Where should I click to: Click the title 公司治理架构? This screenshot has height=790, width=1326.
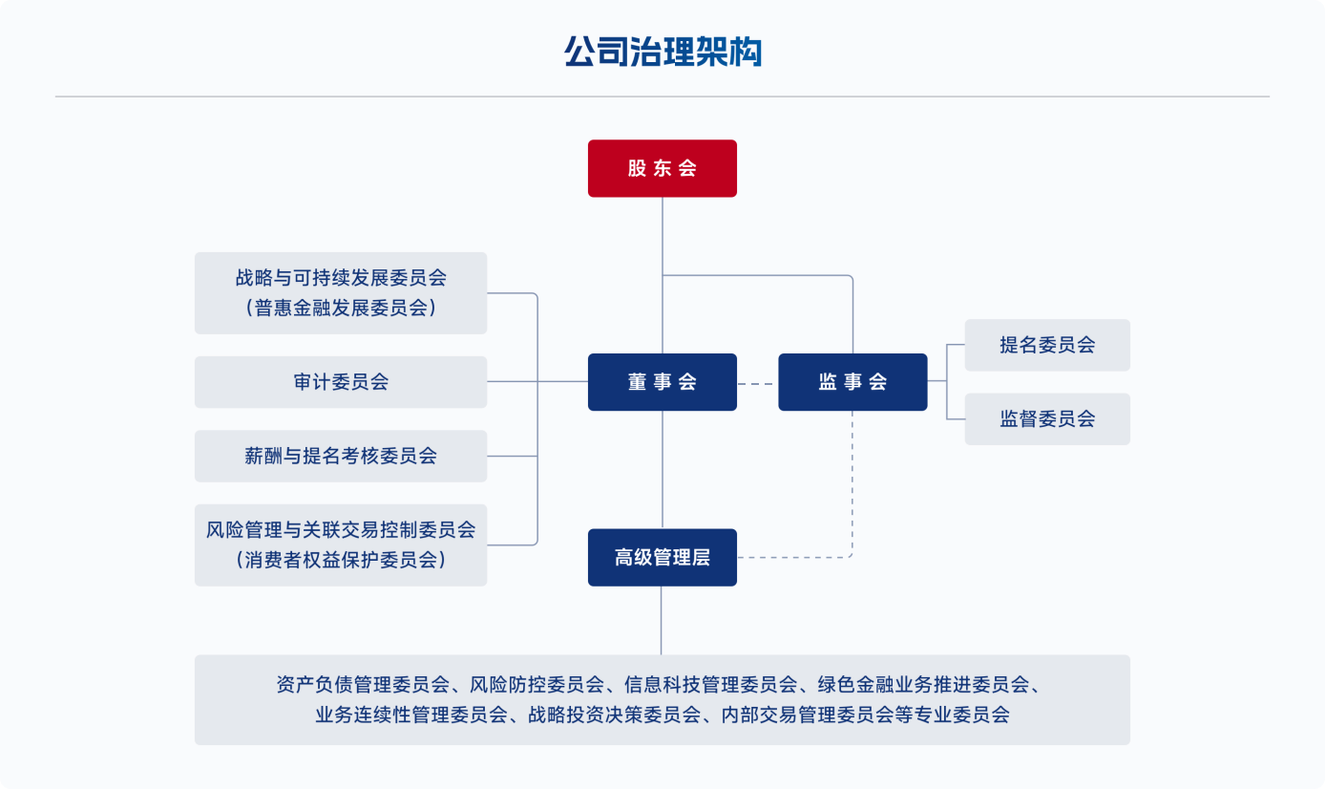click(x=663, y=52)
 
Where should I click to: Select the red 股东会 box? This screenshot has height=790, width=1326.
click(x=662, y=168)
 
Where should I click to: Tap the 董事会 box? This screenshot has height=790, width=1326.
click(x=662, y=382)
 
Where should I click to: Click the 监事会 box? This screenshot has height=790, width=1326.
click(x=852, y=382)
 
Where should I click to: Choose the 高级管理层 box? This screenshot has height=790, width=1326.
click(x=662, y=557)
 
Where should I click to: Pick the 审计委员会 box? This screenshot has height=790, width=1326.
click(x=341, y=382)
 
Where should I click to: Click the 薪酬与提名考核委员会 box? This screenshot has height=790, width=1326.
click(x=341, y=456)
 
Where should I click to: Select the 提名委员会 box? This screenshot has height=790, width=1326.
click(x=1047, y=345)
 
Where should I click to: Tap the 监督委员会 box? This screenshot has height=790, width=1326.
click(x=1047, y=418)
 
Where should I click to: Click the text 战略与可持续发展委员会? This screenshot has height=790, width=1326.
click(x=341, y=278)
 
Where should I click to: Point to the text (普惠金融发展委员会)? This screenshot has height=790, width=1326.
click(x=341, y=308)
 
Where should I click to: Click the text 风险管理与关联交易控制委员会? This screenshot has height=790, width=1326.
click(x=341, y=529)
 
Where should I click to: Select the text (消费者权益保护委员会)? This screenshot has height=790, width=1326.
click(x=341, y=560)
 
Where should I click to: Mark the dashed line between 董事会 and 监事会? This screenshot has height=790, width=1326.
click(x=757, y=383)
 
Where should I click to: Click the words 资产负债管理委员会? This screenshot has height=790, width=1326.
click(x=362, y=685)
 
